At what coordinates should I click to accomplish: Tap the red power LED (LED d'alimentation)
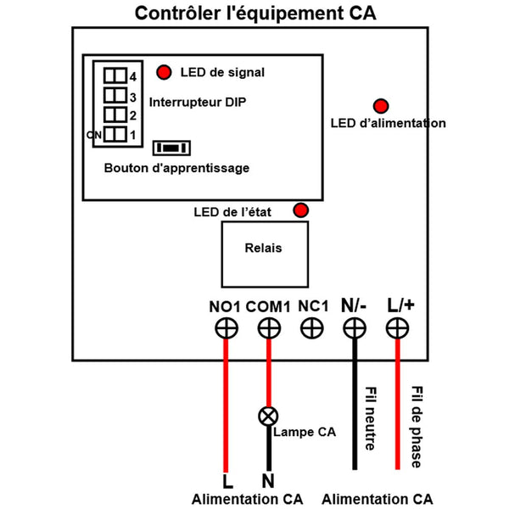[x=381, y=105]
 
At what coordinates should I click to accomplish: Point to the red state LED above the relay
[x=300, y=210]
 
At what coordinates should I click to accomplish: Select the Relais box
[x=263, y=253]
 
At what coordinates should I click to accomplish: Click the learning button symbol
[x=171, y=148]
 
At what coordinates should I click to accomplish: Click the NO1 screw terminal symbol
[x=226, y=328]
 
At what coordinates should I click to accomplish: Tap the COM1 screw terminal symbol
[x=269, y=328]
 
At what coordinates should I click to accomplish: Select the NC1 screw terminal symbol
[x=312, y=328]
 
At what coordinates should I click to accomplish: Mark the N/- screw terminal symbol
[x=354, y=328]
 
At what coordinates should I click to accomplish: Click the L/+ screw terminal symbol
[x=397, y=328]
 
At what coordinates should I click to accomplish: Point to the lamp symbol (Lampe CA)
[x=269, y=416]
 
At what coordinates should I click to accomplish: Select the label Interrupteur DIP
[x=204, y=103]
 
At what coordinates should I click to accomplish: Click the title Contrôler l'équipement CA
[x=255, y=14]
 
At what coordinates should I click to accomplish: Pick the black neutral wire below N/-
[x=354, y=407]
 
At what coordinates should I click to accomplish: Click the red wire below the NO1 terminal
[x=226, y=407]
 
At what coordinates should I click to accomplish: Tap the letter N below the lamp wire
[x=268, y=481]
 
